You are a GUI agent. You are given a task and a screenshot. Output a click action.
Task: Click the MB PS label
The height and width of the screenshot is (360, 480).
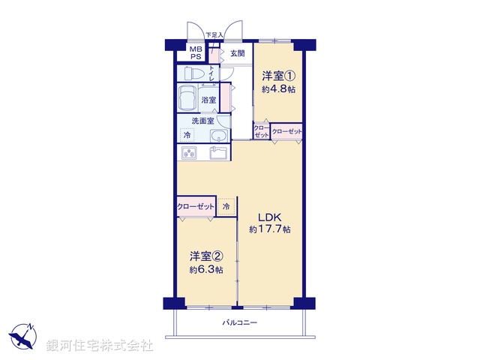pos(195,52)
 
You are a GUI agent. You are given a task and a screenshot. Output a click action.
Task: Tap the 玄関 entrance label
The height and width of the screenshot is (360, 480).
pos(238,53)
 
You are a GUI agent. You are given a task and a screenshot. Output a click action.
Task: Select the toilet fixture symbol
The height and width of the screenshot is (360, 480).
pos(192,73)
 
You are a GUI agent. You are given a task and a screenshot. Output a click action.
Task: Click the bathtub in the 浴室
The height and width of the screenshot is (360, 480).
pos(187,99)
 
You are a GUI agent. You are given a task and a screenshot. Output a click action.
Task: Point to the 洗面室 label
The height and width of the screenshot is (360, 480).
pos(202,121)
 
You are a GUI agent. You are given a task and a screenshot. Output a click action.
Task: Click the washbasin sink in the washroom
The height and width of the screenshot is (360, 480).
pos(217,136)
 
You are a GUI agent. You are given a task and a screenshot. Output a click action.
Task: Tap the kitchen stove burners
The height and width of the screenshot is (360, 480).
pos(187,154)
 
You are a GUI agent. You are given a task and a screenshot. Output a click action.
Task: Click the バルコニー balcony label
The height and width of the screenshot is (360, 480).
pos(240,322)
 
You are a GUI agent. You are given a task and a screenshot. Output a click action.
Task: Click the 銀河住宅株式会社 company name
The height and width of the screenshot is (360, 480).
pos(100,346)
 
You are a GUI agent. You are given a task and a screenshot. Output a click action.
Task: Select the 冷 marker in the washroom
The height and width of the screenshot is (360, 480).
pos(187,135)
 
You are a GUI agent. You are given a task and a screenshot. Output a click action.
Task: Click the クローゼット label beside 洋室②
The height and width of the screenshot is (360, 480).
pos(195,205)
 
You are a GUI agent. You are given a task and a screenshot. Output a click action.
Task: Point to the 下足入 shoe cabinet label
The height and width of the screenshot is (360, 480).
pos(214,35)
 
